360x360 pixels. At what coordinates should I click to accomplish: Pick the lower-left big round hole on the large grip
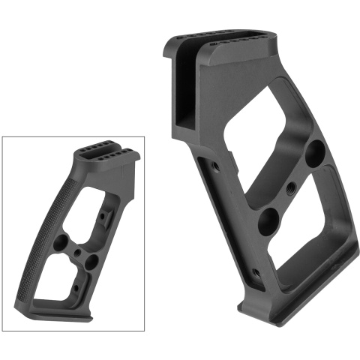266,221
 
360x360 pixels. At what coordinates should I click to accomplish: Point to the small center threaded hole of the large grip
289,187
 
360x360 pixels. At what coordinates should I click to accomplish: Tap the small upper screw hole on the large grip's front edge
216,163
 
